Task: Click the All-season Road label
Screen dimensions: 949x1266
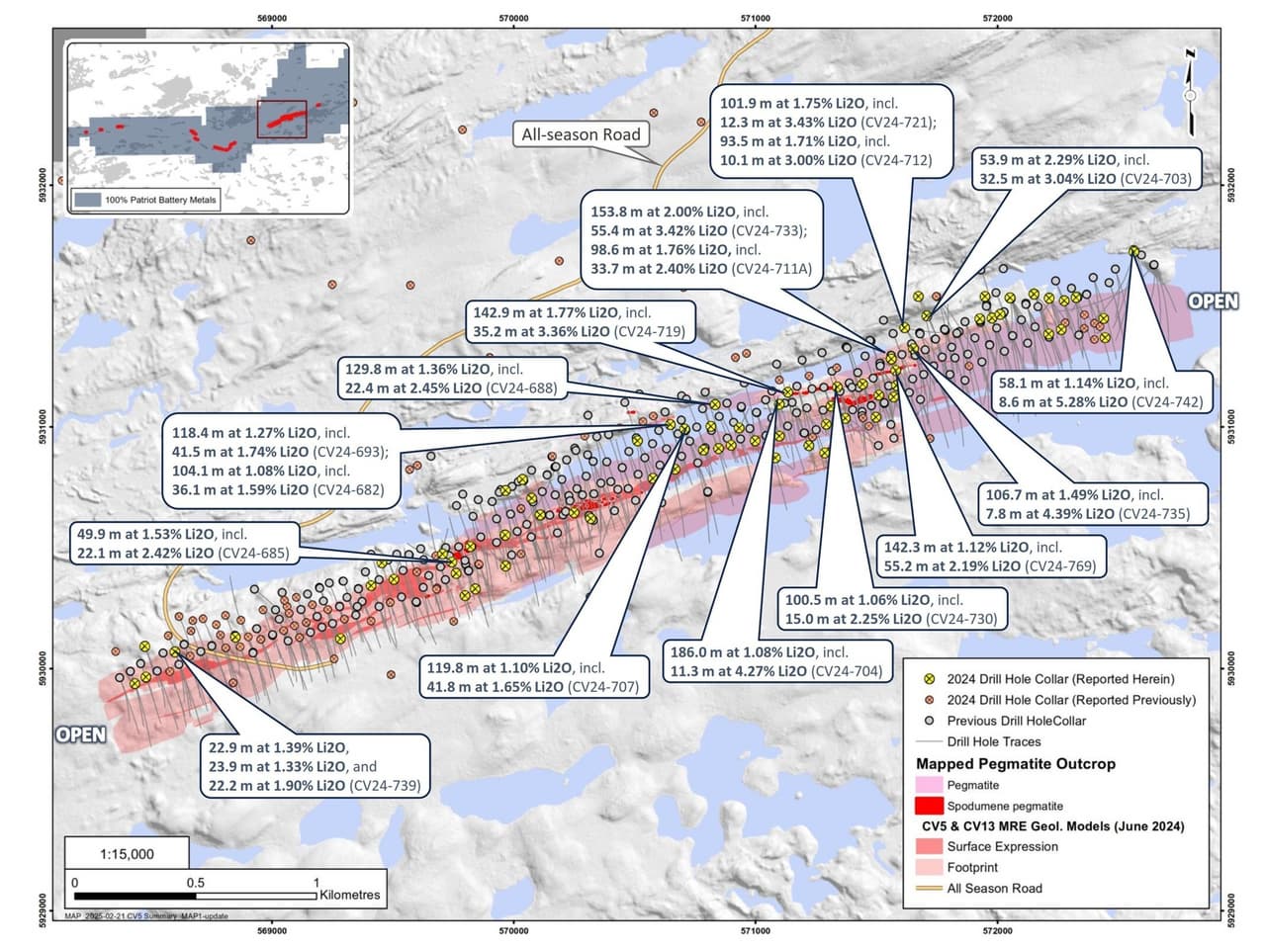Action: (582, 134)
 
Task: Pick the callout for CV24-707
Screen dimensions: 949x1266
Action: (532, 677)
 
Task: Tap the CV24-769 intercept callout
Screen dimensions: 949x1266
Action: (988, 557)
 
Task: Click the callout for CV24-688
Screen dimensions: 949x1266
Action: (451, 379)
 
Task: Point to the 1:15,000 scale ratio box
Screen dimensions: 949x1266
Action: (127, 854)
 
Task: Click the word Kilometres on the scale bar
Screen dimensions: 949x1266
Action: (349, 895)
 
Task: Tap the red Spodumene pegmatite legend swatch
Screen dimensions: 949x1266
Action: (929, 806)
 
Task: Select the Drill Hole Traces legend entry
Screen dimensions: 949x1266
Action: (993, 741)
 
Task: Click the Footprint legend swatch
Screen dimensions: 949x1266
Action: (929, 867)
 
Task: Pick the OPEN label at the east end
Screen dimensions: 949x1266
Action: (1213, 301)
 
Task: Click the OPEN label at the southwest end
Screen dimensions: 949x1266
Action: (80, 734)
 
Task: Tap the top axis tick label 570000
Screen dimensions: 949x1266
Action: (513, 18)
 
